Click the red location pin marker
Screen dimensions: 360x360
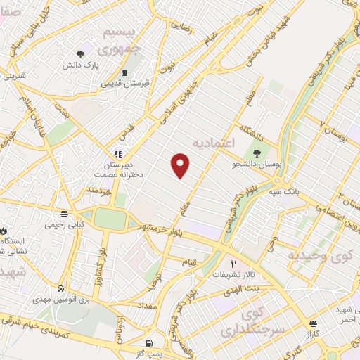[x=181, y=165]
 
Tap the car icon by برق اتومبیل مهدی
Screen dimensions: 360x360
[x=62, y=288]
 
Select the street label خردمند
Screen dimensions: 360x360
[x=100, y=191]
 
